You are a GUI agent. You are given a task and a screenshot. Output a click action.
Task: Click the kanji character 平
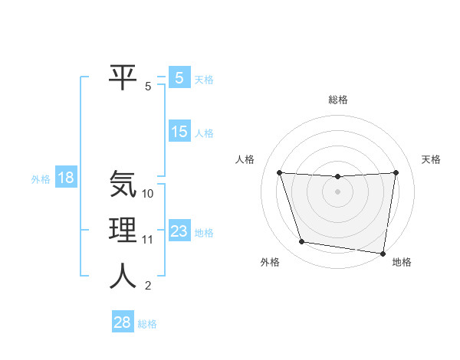click(x=123, y=77)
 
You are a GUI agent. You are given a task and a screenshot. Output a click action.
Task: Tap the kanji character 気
click(x=123, y=184)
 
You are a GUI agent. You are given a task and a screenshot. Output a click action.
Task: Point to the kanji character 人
click(x=123, y=277)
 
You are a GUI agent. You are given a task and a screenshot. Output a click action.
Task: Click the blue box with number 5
click(x=179, y=78)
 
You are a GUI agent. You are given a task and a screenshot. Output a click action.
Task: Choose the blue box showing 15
click(x=179, y=132)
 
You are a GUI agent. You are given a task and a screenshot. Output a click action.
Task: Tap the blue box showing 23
click(x=179, y=231)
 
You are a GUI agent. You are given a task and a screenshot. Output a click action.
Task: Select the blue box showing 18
click(x=66, y=178)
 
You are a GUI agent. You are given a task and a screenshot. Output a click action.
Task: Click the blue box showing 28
click(x=122, y=322)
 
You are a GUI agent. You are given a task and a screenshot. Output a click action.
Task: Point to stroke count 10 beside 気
click(x=148, y=194)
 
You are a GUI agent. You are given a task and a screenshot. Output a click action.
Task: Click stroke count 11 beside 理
click(x=148, y=240)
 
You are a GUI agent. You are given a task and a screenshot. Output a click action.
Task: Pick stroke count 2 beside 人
click(x=148, y=286)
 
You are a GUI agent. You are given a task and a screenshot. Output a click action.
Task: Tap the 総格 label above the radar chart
click(x=338, y=100)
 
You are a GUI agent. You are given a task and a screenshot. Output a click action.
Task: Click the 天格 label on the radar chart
click(x=431, y=159)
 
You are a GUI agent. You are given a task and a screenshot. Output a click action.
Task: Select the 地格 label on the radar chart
click(x=402, y=263)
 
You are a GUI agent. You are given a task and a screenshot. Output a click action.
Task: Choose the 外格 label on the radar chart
click(x=270, y=263)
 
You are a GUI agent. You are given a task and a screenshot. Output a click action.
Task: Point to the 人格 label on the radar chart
click(x=244, y=159)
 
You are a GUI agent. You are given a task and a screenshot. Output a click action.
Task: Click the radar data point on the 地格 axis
click(x=383, y=253)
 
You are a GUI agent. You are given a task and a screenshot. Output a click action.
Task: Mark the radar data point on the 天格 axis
click(x=396, y=172)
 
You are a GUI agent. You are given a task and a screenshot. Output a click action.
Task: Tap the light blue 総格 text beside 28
click(x=147, y=324)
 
